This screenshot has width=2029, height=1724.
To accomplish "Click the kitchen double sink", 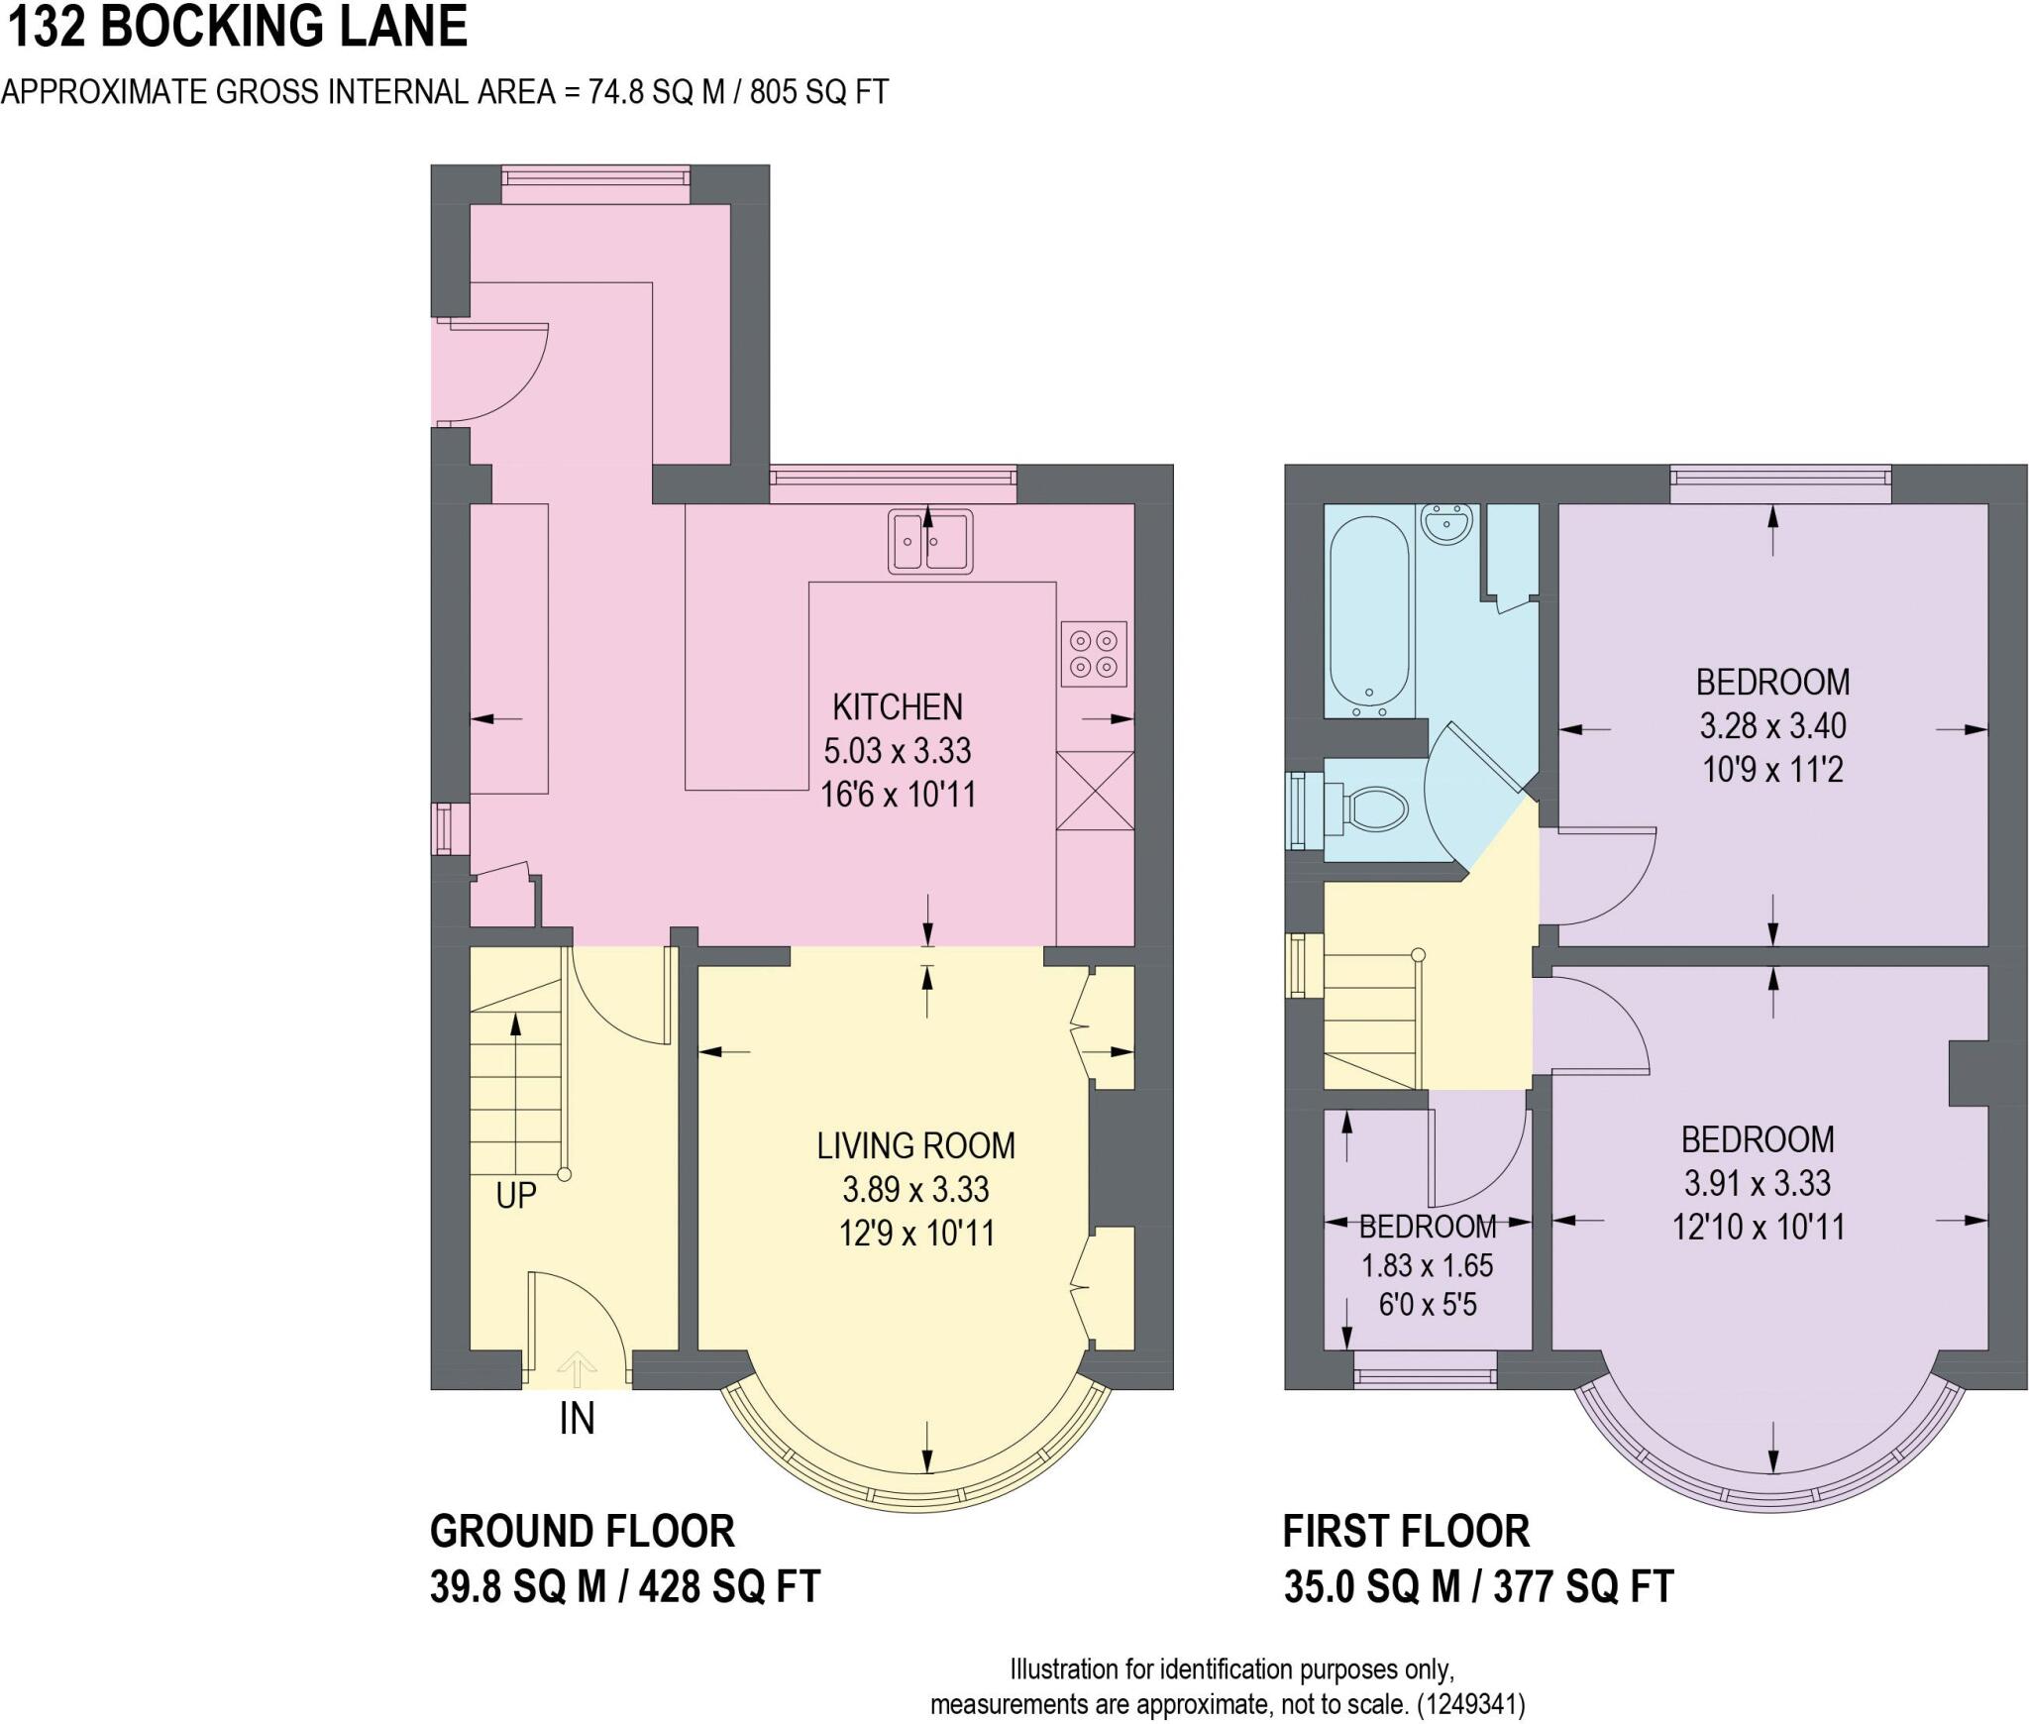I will click(x=929, y=541).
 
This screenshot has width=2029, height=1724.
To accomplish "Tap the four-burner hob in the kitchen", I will click(x=1094, y=653).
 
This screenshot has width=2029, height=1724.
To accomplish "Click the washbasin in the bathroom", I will click(x=1448, y=521).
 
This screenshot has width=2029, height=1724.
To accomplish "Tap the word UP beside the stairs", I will click(x=516, y=1196).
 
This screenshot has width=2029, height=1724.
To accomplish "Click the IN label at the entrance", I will click(x=577, y=1420).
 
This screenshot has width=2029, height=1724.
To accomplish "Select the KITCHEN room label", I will click(x=898, y=706).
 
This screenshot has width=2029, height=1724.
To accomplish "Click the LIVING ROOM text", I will click(x=915, y=1146).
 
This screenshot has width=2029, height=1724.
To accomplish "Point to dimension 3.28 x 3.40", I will click(x=1772, y=726).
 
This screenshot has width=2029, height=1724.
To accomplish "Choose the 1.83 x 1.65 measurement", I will click(x=1427, y=1266).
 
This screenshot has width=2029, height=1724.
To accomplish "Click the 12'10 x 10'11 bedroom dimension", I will click(x=1759, y=1228).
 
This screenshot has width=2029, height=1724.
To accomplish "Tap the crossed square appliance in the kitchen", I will click(x=1095, y=791).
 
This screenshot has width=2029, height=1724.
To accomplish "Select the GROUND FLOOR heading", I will click(x=583, y=1532).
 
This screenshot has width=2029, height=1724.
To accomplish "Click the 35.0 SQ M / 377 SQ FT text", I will click(x=1478, y=1586).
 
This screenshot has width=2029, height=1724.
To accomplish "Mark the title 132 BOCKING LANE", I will click(x=237, y=27).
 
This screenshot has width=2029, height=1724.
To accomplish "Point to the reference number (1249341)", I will click(x=1470, y=1704).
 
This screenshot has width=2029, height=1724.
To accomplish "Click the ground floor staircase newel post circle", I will click(x=565, y=1175).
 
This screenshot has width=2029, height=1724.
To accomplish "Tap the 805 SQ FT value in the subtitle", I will click(x=818, y=92).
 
